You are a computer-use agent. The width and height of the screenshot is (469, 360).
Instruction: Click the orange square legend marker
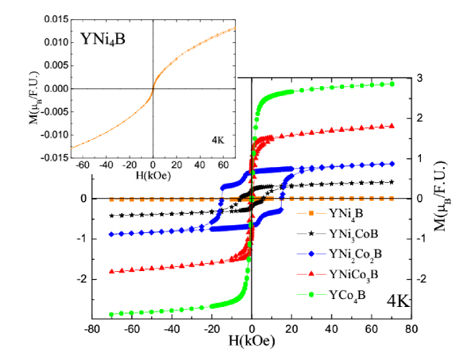[x=311, y=213]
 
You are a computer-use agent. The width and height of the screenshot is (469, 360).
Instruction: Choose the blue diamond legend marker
[x=311, y=254]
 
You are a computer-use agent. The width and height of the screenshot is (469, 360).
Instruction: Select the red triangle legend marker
[x=311, y=274]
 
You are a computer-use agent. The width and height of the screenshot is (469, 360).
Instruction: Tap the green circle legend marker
[x=311, y=294]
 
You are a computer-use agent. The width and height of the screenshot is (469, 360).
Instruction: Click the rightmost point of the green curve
[x=392, y=84]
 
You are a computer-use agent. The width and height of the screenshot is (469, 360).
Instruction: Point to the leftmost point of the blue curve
[x=111, y=234]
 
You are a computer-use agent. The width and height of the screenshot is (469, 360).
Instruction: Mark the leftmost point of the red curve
[x=111, y=271]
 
